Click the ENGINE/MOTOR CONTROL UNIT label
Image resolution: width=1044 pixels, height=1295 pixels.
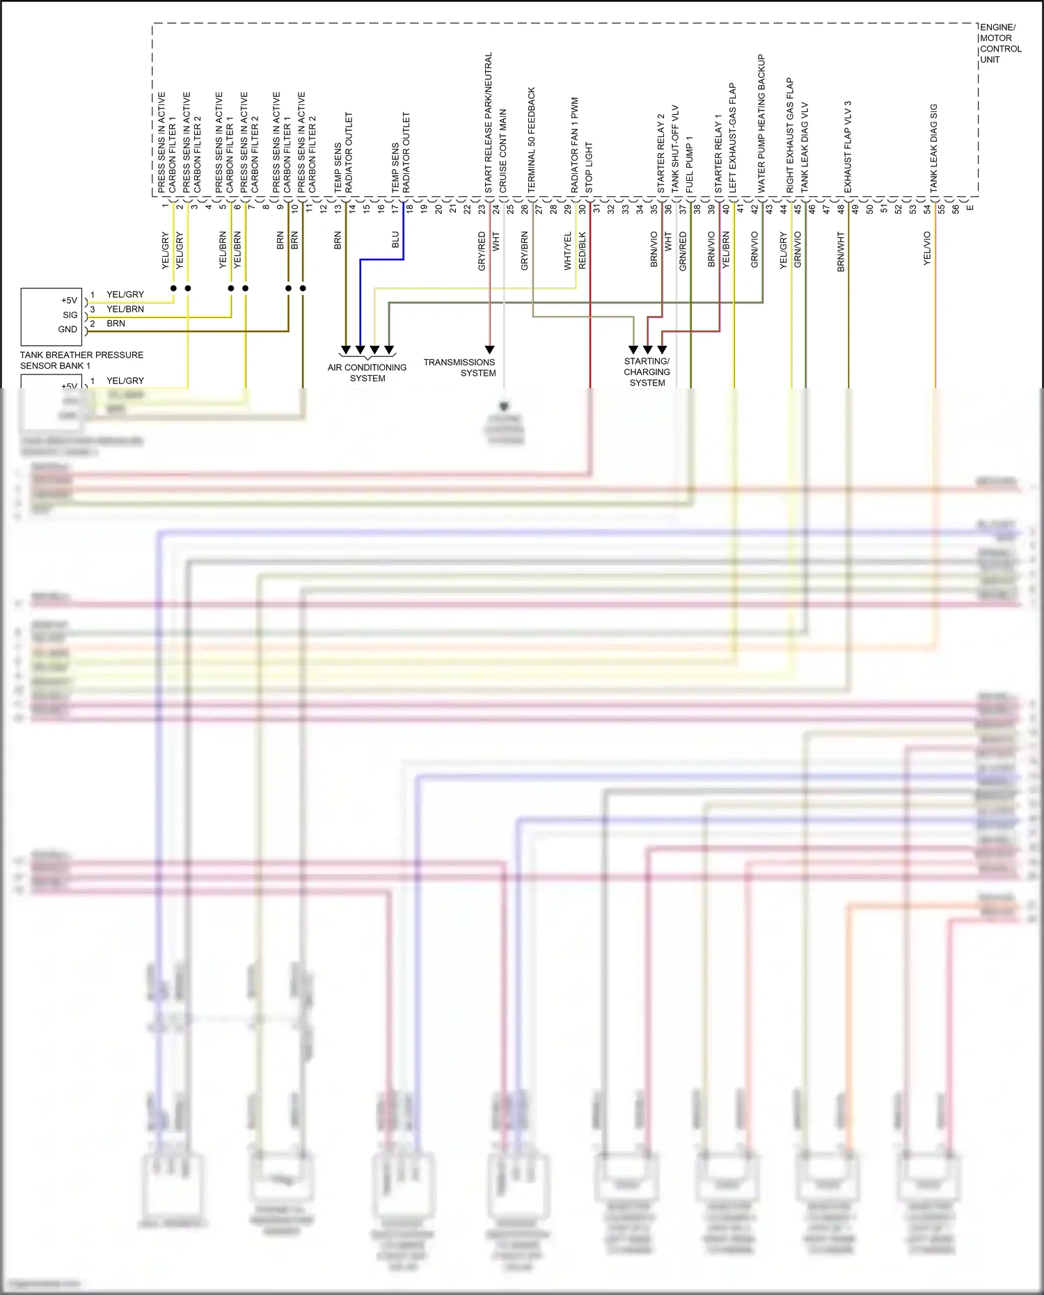point(1000,44)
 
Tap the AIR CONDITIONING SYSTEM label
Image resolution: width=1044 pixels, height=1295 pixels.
point(367,373)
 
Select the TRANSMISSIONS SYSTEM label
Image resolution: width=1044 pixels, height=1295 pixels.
point(459,367)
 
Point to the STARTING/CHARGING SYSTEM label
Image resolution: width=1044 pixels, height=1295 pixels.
point(647,372)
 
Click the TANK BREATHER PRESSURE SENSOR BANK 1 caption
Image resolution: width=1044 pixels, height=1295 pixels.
point(81,360)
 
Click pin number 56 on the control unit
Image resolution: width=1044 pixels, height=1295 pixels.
point(956,208)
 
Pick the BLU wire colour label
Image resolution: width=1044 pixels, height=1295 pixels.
point(395,240)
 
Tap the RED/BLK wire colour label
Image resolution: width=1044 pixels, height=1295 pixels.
point(583,251)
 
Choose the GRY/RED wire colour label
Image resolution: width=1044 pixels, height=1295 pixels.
point(482,251)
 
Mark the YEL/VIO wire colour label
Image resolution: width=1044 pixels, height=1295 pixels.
point(927,248)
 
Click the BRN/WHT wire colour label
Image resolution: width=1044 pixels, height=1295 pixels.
point(841,251)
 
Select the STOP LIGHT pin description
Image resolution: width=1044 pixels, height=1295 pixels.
point(589,168)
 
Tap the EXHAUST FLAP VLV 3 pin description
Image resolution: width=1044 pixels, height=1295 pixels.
point(848,147)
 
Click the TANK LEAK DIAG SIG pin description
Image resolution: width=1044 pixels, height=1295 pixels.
point(934,148)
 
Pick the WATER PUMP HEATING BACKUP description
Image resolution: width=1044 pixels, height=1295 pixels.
point(761,124)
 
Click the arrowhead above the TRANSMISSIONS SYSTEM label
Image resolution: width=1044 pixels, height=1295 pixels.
point(490,349)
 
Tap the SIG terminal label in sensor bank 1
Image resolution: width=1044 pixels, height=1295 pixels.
point(70,315)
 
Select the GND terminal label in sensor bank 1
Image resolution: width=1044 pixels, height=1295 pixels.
point(68,330)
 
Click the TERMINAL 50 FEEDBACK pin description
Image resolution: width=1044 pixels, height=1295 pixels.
point(532,140)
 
